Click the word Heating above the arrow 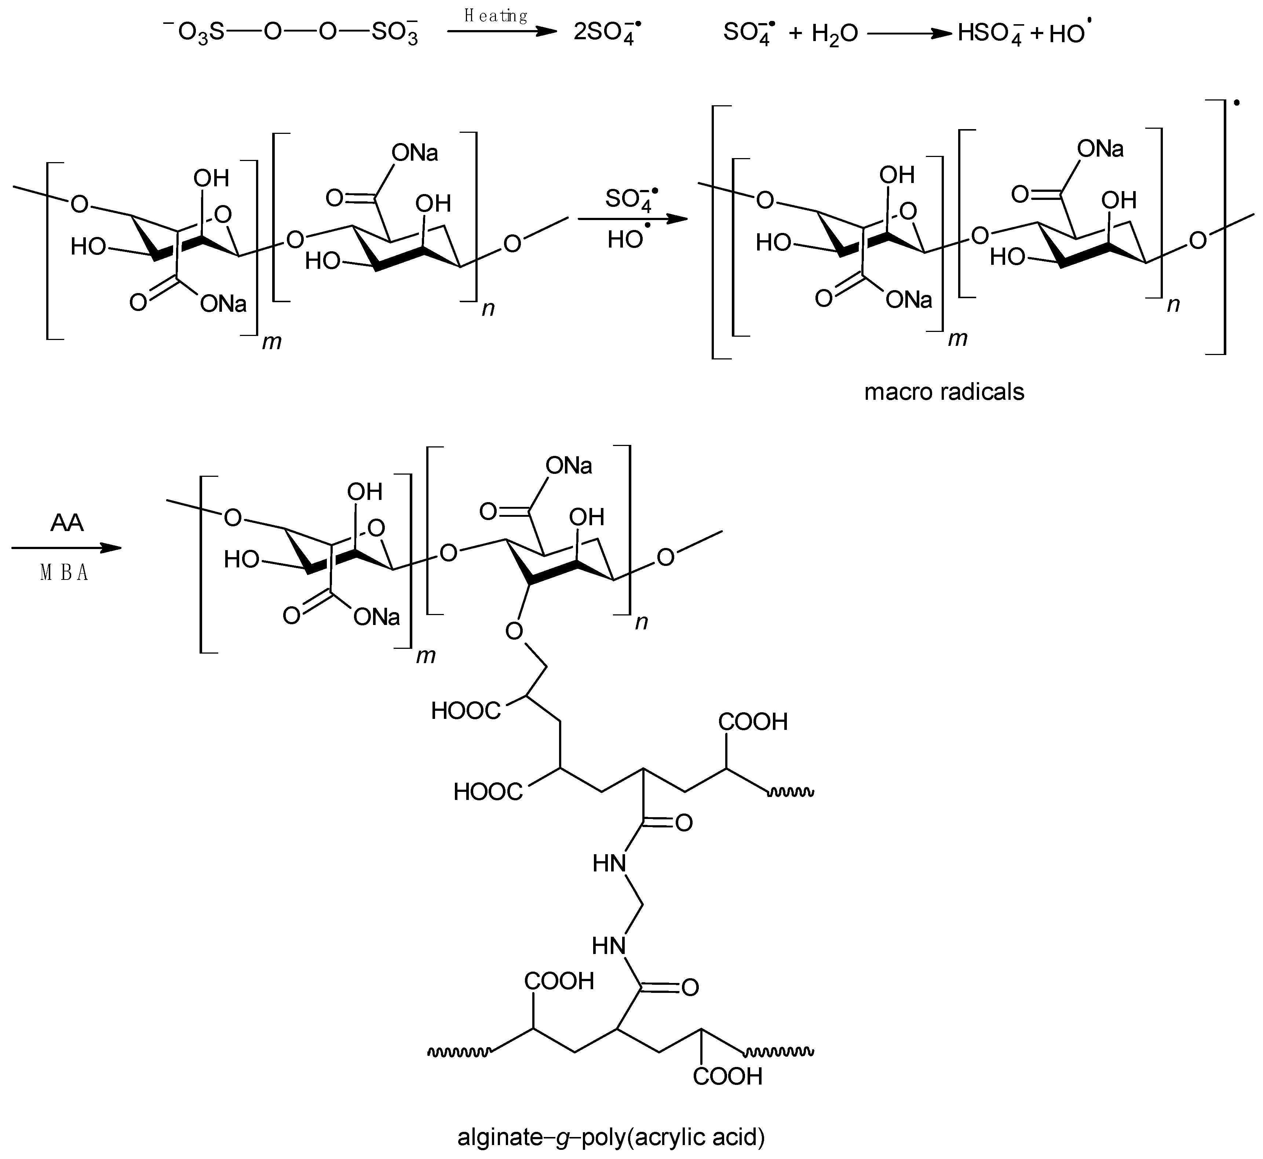pyautogui.click(x=496, y=16)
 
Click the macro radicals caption pyautogui.click(x=944, y=392)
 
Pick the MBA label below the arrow pyautogui.click(x=64, y=573)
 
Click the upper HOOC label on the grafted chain pyautogui.click(x=466, y=710)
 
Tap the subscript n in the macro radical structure pyautogui.click(x=1173, y=304)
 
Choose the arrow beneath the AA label pyautogui.click(x=66, y=548)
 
